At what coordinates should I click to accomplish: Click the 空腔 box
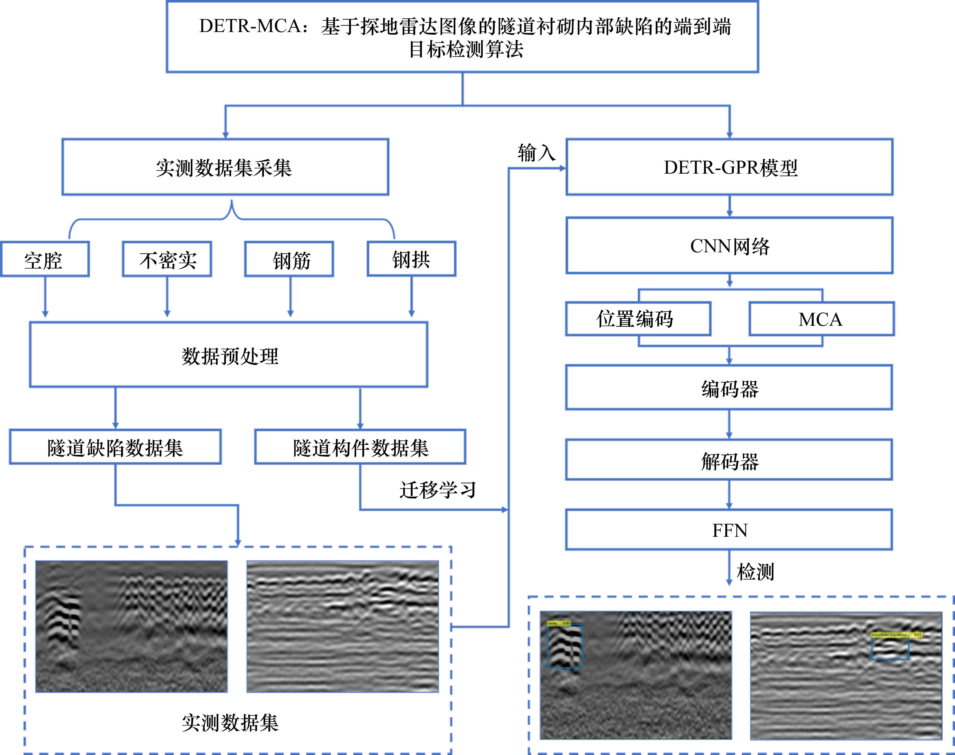pos(45,259)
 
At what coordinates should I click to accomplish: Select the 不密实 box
pos(167,259)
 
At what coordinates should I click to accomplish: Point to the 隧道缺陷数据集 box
pos(115,447)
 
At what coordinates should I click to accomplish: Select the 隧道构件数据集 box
pos(360,447)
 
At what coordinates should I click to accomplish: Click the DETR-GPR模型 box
pos(729,167)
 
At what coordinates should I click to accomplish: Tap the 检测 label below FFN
pos(755,571)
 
